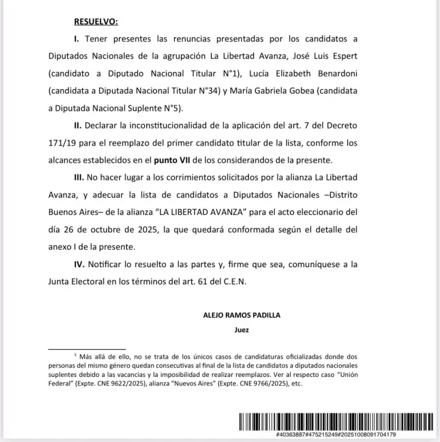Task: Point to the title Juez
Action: click(x=242, y=330)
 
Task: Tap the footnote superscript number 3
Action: click(x=75, y=354)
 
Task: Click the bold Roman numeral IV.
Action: click(x=80, y=264)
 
